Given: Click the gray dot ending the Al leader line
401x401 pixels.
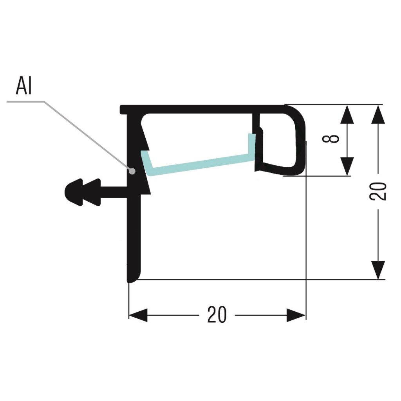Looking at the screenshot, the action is (x=133, y=171).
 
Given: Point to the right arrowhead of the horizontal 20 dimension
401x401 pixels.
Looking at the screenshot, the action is (x=296, y=315).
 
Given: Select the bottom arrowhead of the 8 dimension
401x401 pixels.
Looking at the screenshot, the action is (x=347, y=166).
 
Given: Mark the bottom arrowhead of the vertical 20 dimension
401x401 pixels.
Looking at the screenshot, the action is (x=378, y=270).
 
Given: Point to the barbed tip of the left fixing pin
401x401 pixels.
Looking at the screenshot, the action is (x=70, y=192).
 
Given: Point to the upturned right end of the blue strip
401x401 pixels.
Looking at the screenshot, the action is (x=251, y=145).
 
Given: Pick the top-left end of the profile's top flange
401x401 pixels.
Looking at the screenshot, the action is (x=123, y=109).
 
